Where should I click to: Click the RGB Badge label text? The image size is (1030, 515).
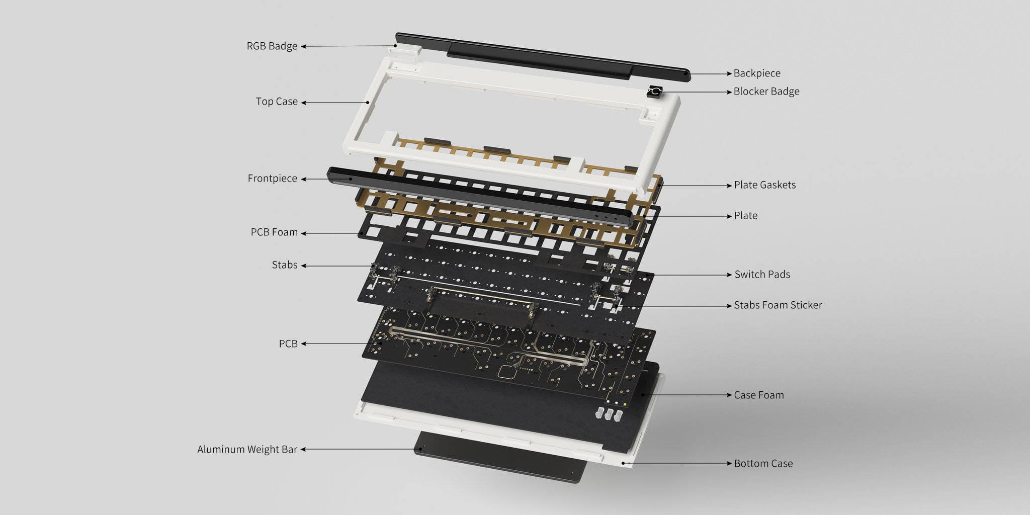point(272,46)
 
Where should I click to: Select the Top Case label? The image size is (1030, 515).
point(277,102)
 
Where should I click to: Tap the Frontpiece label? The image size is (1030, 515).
point(272,179)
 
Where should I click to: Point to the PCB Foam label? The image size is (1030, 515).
point(274,232)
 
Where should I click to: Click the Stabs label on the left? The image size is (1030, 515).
point(285,265)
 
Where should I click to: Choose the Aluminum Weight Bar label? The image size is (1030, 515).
point(247,449)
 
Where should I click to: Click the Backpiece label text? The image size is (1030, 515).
point(757,73)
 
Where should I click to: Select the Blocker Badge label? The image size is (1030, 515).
point(766,92)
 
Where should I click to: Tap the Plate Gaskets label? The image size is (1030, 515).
point(764,185)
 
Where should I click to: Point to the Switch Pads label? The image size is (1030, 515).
point(762,275)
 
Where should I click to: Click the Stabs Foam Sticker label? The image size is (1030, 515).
point(778,305)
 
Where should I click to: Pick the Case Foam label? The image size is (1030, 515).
point(758,395)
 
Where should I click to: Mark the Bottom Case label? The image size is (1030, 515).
point(763,464)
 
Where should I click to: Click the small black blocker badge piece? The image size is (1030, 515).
point(655,92)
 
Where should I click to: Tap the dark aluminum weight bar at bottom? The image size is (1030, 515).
point(503,460)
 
